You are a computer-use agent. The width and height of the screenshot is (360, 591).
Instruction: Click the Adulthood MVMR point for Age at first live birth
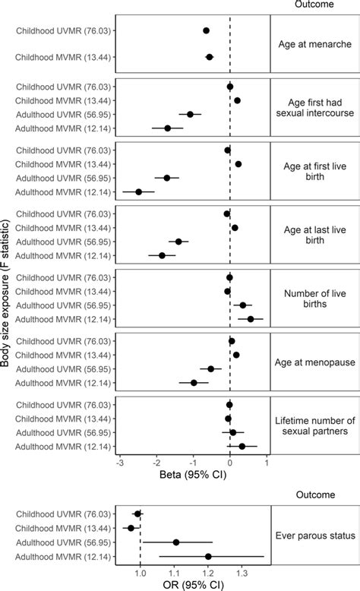click(x=139, y=192)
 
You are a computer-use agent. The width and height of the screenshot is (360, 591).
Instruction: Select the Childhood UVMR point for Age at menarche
click(x=206, y=30)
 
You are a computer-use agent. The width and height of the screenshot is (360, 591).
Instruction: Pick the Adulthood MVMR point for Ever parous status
click(x=208, y=556)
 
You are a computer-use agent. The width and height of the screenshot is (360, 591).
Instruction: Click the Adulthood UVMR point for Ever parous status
click(x=176, y=542)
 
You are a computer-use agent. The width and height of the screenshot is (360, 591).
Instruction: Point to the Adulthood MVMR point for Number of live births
click(x=251, y=319)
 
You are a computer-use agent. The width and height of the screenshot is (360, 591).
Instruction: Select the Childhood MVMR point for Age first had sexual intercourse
click(x=237, y=100)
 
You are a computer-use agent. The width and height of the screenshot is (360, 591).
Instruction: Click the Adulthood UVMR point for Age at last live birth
click(x=178, y=242)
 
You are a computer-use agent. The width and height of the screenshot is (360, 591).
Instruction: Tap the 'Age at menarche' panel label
click(x=314, y=45)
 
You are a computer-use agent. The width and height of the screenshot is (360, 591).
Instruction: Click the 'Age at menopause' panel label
click(x=314, y=362)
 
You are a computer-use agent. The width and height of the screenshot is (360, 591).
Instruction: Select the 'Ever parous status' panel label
click(x=314, y=536)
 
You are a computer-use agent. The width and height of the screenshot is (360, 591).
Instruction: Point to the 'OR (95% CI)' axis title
click(x=194, y=585)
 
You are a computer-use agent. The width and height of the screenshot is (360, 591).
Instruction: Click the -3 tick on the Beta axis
click(x=120, y=463)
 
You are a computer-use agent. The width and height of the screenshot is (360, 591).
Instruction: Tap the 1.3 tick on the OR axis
click(x=241, y=572)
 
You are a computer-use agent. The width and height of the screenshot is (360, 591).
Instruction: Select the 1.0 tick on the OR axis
click(x=141, y=572)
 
